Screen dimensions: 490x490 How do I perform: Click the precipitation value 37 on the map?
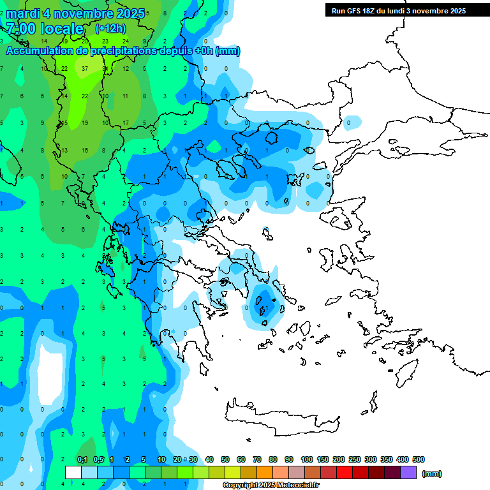(x=85, y=68)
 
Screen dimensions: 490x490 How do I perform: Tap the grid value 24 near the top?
(x=125, y=41)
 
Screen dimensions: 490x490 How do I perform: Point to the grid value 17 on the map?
(x=126, y=122)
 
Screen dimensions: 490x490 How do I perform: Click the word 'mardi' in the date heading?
(x=23, y=13)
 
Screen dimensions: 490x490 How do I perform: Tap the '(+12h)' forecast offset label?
(x=110, y=29)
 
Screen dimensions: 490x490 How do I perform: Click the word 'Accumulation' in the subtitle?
(x=42, y=51)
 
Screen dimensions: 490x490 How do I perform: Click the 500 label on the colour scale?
(x=419, y=459)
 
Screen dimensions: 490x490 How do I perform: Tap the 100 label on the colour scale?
(x=307, y=459)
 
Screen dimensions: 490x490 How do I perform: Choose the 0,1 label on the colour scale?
(x=82, y=459)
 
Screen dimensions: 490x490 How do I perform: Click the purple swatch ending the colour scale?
(x=408, y=473)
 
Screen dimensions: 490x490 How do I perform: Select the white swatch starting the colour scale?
(x=73, y=473)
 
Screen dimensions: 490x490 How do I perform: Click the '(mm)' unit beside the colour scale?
(x=432, y=473)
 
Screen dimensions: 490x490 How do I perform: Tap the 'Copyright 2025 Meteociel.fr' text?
(x=271, y=486)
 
